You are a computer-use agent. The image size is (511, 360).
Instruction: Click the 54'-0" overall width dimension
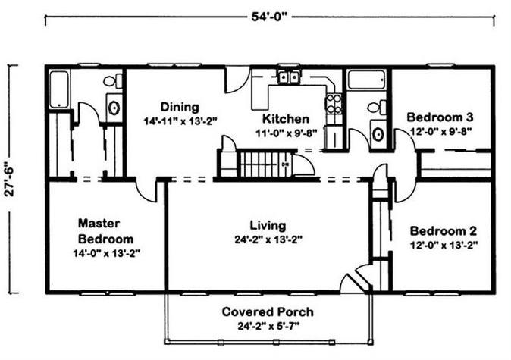(270, 17)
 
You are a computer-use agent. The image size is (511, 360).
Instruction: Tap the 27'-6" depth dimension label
(10, 178)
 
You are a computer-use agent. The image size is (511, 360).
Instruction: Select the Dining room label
(180, 107)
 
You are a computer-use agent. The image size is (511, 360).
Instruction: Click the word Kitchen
(286, 119)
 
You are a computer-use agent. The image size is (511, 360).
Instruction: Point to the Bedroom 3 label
(440, 117)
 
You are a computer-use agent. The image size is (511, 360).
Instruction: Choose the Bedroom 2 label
(444, 231)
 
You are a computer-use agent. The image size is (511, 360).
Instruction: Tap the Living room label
(268, 225)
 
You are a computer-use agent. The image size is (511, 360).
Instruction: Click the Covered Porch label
(268, 311)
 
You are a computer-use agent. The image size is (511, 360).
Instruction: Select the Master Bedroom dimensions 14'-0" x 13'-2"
(107, 253)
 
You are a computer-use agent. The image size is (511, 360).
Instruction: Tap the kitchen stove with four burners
(334, 104)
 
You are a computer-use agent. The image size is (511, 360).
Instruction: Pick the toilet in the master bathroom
(113, 81)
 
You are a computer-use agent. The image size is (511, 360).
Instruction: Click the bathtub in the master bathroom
(59, 89)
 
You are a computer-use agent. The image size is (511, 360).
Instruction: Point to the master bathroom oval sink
(114, 108)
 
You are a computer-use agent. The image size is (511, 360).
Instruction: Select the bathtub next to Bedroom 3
(367, 79)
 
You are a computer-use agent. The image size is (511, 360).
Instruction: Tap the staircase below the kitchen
(265, 164)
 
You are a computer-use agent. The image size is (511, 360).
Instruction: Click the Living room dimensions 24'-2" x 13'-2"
(268, 240)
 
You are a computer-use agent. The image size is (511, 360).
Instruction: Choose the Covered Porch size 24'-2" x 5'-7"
(268, 326)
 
